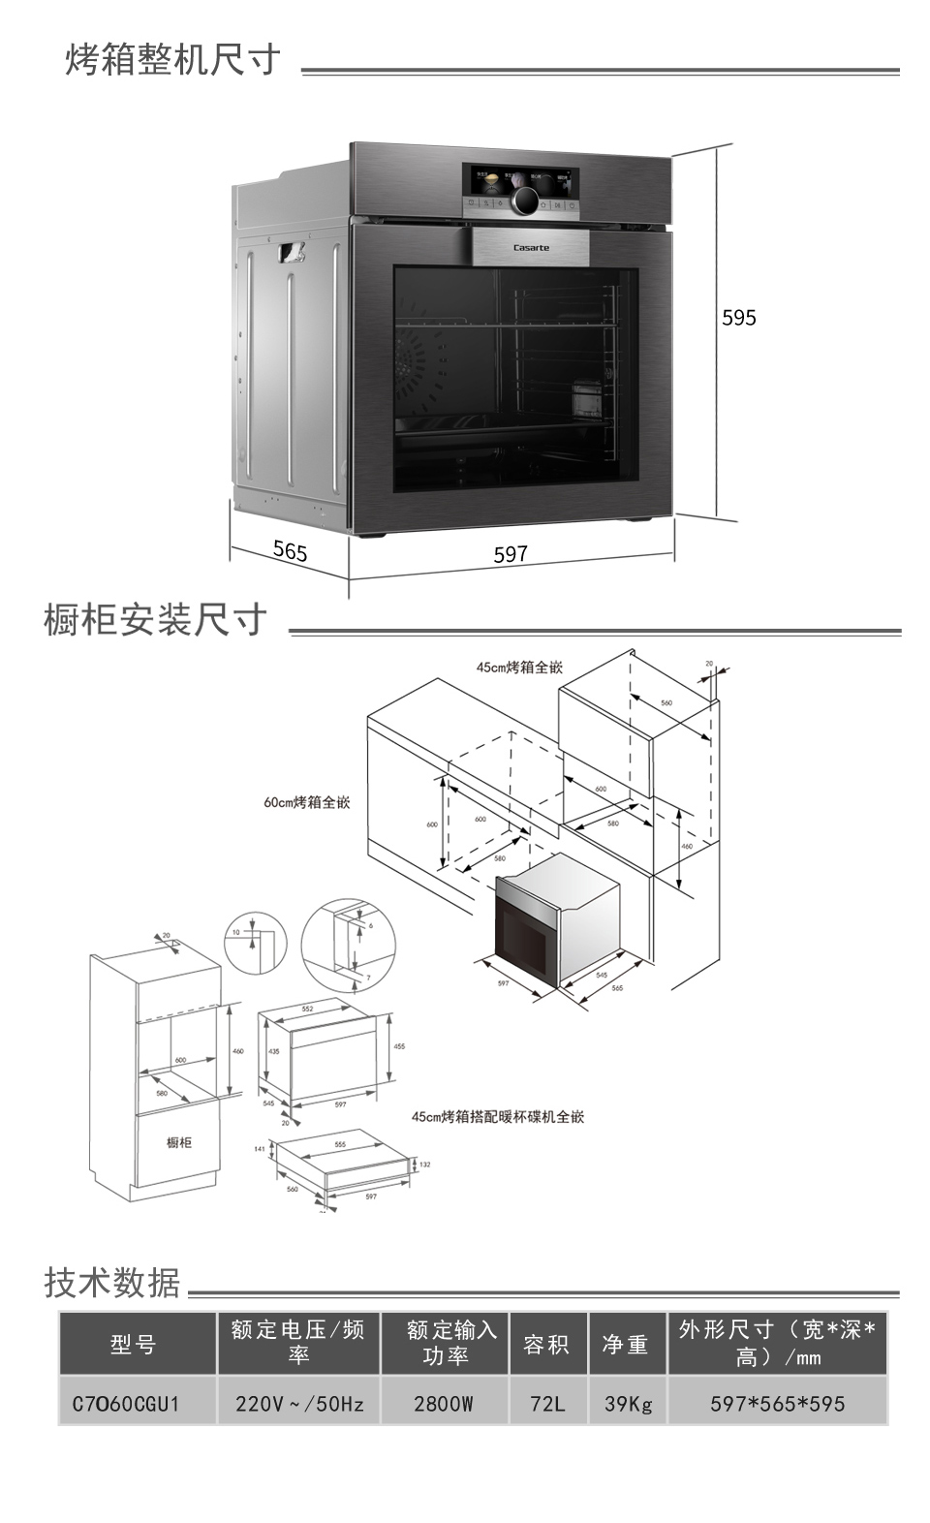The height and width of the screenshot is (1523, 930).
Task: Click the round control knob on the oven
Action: click(525, 201)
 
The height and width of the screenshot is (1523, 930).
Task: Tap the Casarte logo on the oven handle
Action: click(531, 248)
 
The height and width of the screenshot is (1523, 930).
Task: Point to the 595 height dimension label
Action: click(738, 318)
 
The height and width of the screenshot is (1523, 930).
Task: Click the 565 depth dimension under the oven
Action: click(290, 551)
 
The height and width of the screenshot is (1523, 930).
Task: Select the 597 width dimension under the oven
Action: click(511, 554)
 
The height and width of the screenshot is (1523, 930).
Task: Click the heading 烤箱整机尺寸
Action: click(173, 60)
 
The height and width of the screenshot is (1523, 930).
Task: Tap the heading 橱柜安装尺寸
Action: click(156, 620)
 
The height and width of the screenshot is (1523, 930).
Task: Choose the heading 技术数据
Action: click(112, 1283)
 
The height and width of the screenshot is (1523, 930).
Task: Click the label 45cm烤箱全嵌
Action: click(519, 668)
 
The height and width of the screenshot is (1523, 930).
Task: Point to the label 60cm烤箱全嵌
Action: click(307, 802)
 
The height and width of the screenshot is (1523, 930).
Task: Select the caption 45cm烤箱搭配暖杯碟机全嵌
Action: click(498, 1117)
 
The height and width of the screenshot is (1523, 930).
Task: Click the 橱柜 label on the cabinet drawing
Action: click(179, 1143)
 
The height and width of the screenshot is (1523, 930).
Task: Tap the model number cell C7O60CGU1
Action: click(127, 1403)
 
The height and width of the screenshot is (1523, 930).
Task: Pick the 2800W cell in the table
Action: click(444, 1403)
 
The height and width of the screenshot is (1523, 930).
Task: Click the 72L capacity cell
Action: click(547, 1403)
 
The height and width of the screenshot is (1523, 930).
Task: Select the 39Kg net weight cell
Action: click(628, 1403)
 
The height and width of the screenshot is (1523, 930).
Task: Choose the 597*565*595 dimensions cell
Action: click(777, 1403)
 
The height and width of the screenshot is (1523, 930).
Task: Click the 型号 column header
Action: click(133, 1344)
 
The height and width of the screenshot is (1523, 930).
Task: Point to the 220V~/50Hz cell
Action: click(299, 1403)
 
